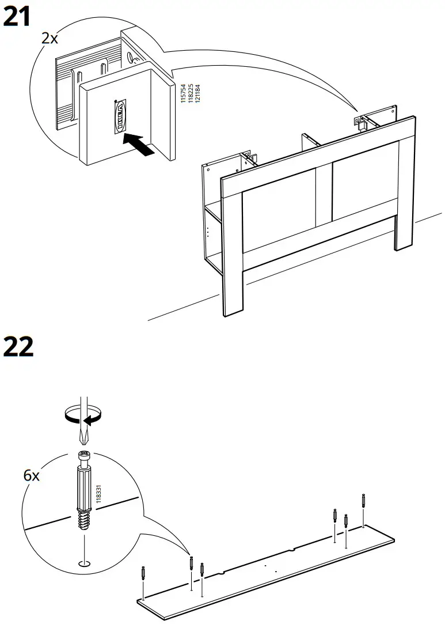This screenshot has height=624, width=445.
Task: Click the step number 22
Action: click(18, 347)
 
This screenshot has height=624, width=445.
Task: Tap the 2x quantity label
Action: click(50, 39)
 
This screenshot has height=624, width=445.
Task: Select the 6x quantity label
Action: click(32, 476)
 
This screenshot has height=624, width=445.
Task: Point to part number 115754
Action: click(184, 93)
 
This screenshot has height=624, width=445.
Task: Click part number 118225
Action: click(191, 93)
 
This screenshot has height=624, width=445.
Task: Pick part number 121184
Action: click(197, 93)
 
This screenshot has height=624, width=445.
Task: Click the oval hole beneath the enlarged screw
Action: click(84, 562)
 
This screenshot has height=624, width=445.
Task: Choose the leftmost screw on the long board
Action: click(142, 574)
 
